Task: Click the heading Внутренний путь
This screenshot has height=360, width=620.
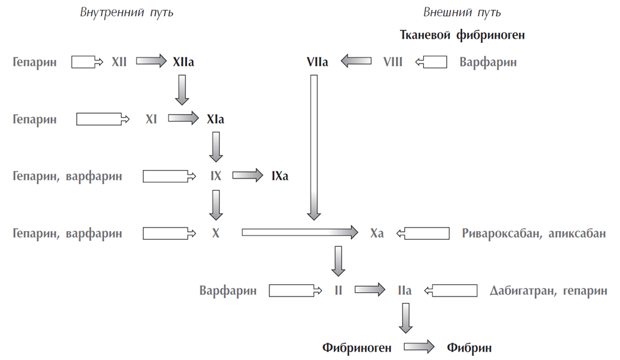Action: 127,13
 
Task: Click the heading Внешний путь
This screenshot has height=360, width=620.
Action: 462,13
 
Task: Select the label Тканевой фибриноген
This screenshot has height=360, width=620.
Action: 462,35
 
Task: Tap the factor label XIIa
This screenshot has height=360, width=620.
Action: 183,62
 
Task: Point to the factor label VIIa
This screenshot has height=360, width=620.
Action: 317,62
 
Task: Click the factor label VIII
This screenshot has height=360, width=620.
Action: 393,62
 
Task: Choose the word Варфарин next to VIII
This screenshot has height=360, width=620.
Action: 488,62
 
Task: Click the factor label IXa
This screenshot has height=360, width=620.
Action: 280,176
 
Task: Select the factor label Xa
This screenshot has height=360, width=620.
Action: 377,233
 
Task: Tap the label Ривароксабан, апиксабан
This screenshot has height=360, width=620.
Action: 533,233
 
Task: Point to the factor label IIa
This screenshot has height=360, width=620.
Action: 404,290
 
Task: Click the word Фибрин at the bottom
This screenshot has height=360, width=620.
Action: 469,347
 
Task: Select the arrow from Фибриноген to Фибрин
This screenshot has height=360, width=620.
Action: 419,347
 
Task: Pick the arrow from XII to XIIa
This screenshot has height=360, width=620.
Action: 151,61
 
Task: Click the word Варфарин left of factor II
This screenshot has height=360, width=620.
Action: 228,290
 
